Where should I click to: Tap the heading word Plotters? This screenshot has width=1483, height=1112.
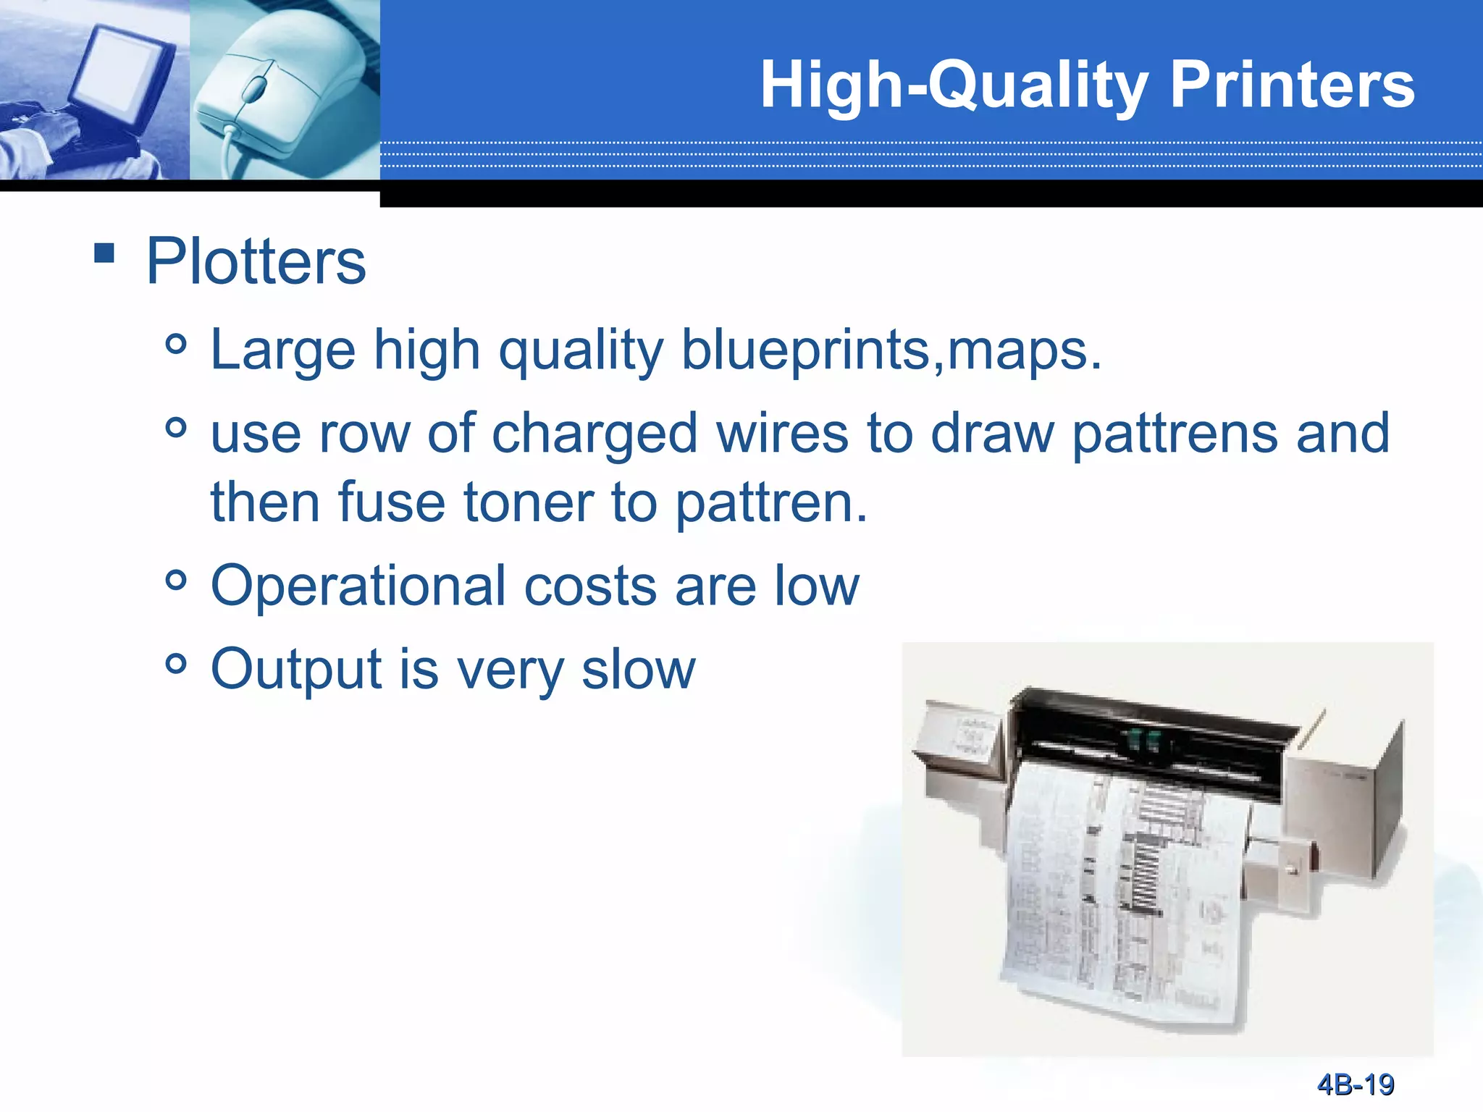(256, 261)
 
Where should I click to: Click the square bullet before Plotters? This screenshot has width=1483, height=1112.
(104, 253)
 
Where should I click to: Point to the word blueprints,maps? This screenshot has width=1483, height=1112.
(891, 350)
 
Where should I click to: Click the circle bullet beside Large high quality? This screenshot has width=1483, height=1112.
(176, 344)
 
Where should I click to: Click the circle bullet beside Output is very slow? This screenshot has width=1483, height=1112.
(176, 662)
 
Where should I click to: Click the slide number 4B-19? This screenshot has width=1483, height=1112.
(1355, 1084)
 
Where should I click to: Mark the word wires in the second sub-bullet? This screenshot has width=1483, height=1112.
(782, 434)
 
